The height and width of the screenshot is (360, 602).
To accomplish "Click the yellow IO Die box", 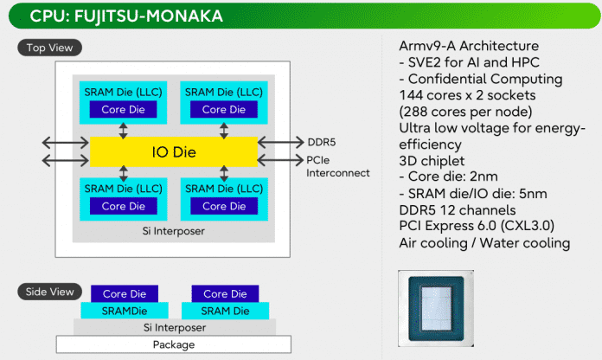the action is coord(174,151).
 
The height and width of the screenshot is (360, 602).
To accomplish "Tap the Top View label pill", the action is coord(49,48).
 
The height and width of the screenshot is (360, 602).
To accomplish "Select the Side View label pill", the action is coord(49,292).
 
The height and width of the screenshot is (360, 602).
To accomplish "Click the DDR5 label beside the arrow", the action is coord(322,142).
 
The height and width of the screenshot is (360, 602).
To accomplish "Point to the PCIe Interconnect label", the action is coord(338,166).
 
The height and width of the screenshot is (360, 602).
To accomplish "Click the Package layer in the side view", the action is coord(174,344).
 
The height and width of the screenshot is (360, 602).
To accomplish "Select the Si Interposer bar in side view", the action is coord(175,327).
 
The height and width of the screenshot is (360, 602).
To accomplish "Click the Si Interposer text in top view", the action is coord(174,231).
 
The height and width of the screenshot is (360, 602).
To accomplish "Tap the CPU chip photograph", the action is coord(436,309).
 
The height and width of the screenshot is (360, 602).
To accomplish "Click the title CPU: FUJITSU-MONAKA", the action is coord(126,16).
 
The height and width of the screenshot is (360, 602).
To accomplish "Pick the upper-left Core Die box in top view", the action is coord(123,110).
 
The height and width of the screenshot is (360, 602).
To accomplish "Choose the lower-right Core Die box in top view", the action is coord(224,206).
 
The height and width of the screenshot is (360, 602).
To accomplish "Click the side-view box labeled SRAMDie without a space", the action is coord(125,311).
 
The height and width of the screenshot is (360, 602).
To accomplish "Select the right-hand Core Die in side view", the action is coord(225,294).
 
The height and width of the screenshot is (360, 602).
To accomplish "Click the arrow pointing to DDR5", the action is coord(281,142).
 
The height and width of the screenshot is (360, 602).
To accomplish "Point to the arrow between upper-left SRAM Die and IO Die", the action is coord(123,131).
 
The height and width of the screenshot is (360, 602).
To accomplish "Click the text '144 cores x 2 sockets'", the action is coord(467,95).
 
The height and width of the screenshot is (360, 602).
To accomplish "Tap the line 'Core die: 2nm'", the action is coord(448,177).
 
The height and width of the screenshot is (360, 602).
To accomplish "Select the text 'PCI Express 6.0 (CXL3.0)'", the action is coord(477,226).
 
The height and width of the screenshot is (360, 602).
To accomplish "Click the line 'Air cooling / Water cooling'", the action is coord(484,243).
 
